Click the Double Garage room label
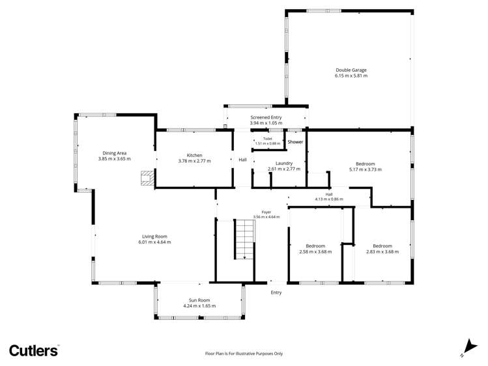point(351,70)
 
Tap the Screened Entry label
point(266,117)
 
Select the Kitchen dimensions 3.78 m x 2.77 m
point(195,161)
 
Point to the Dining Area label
point(115,153)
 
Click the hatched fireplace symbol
point(147,178)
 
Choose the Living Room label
point(154,236)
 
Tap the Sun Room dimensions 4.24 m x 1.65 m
point(199,306)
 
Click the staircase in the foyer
point(244,239)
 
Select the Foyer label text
point(266,212)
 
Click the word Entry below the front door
point(276,292)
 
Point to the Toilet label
point(268,139)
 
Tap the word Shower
point(295,142)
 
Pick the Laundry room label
point(284,163)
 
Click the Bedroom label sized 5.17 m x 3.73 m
point(366,164)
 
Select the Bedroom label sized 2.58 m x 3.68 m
point(315,246)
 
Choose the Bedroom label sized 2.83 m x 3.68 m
point(382,246)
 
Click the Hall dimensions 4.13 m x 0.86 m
point(329,199)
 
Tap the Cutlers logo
point(33,351)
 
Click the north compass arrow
point(470,347)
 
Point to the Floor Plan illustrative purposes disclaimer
point(244,354)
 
